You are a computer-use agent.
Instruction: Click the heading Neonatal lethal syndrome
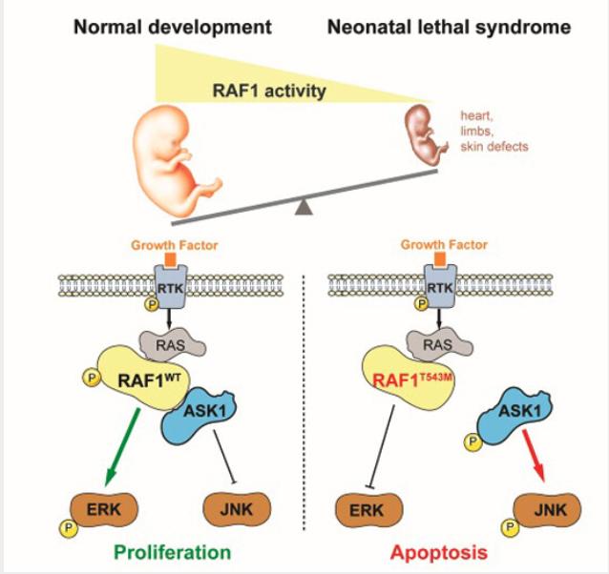[449, 26]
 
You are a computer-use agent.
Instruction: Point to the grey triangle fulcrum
[304, 203]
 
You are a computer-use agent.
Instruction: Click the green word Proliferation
[170, 550]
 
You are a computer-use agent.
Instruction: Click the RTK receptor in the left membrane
[172, 285]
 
